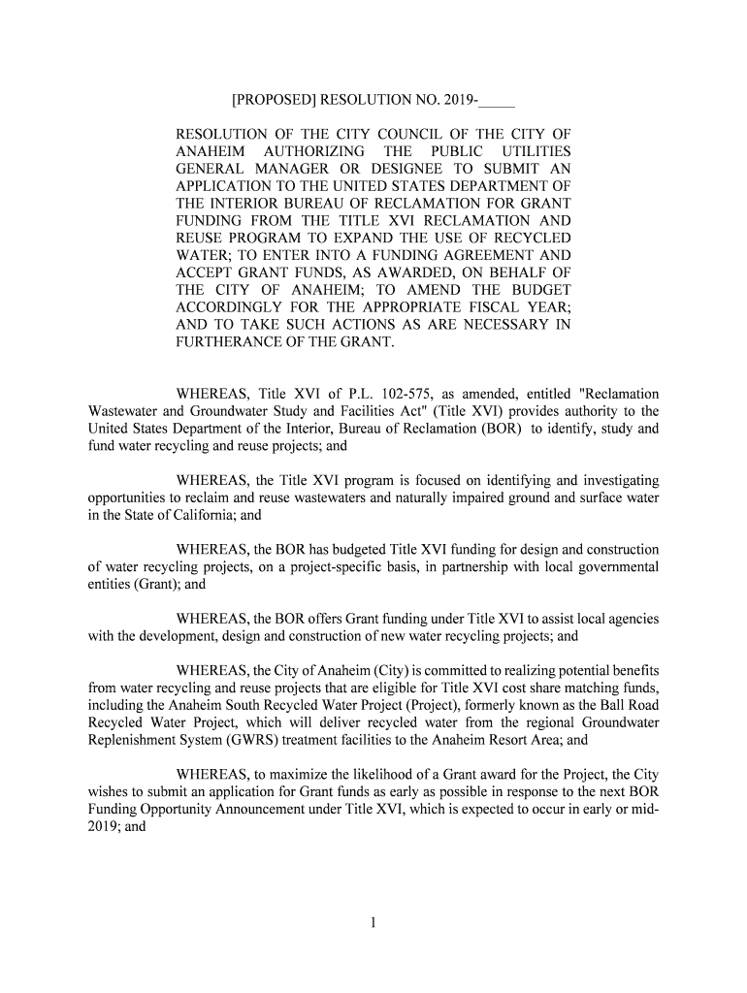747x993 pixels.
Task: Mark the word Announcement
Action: [235, 811]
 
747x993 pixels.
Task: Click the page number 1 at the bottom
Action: [373, 923]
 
